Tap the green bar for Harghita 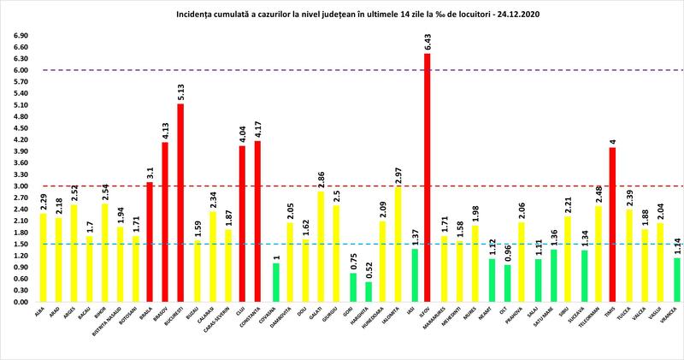(x=368, y=292)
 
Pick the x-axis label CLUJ (x=242, y=313)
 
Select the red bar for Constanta (x=257, y=221)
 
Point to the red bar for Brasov (x=165, y=222)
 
